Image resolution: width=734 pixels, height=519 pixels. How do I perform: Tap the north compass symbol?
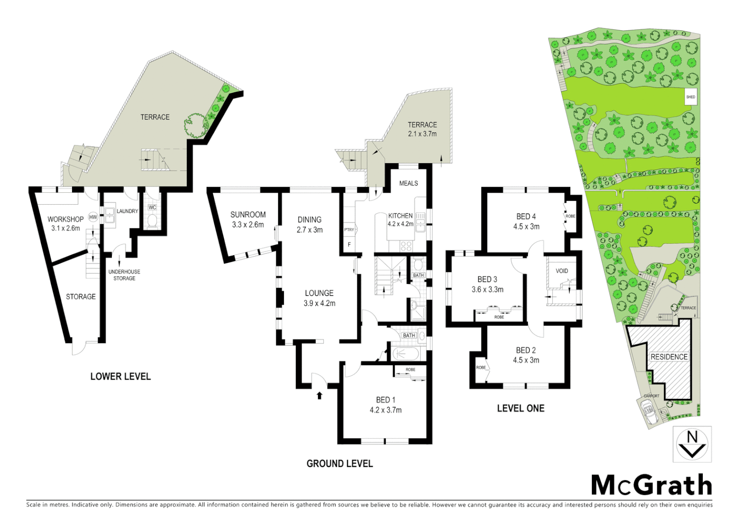point(692,444)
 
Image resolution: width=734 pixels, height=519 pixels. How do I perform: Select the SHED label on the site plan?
point(690,97)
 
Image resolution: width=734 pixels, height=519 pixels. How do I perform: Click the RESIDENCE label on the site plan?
point(669,357)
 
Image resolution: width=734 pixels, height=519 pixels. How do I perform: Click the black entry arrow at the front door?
point(319,395)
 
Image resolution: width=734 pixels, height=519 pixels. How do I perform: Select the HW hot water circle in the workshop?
point(93,217)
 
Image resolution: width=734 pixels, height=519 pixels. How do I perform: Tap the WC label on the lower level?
point(152,208)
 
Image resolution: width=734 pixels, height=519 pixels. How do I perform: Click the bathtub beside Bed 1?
point(406,354)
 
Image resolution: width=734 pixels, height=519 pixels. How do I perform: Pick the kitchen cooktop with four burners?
point(406,246)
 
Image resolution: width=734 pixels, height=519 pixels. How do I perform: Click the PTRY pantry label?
point(349,230)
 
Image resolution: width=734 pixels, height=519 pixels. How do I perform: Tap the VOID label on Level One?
point(562,271)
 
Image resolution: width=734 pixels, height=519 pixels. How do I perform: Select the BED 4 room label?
point(526,216)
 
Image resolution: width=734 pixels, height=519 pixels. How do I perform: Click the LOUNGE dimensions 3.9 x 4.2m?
point(319,303)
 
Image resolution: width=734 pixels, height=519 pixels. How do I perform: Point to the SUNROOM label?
point(248,214)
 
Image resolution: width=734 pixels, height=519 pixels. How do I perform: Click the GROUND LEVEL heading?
point(340,464)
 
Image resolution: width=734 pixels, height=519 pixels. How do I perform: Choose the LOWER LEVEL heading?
point(121,377)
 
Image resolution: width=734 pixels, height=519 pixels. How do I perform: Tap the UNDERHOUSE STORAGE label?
point(124,275)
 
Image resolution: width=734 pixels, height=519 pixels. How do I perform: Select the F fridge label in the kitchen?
point(349,245)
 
